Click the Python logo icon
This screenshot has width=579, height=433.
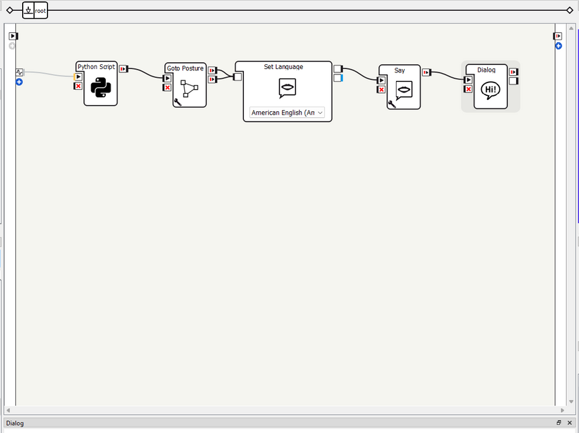coord(101,88)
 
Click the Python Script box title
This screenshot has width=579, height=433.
coord(96,67)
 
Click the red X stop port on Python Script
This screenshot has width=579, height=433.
coord(78,86)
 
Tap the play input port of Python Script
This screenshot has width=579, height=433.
coord(78,77)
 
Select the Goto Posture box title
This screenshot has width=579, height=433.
coord(185,68)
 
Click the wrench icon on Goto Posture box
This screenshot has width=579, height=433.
coord(177,102)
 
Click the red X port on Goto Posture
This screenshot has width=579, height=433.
coord(168,87)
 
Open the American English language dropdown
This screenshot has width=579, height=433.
coord(287,113)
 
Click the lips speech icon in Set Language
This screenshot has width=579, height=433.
coord(287,88)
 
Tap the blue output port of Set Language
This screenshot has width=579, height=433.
coord(338,78)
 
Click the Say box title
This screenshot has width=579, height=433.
coord(399,70)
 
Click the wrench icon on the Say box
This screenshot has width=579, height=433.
coord(391,104)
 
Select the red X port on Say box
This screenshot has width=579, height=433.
coord(381,89)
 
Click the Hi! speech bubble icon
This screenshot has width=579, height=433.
coord(491,90)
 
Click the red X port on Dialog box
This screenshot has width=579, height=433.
coord(468,88)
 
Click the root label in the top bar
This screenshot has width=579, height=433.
coord(41,11)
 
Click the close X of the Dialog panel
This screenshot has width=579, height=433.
coord(570,423)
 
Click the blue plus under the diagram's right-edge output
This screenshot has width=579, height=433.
coord(558,46)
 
